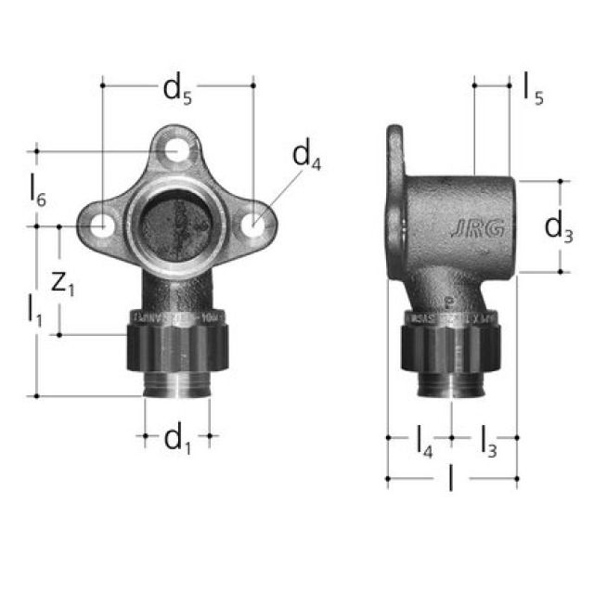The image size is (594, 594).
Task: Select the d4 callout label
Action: tap(306, 157)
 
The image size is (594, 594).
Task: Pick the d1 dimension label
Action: tap(177, 440)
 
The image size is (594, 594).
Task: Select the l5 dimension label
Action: tap(532, 89)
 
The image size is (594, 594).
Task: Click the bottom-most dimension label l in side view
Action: tap(452, 482)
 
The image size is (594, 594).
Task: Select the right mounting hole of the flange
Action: tap(252, 226)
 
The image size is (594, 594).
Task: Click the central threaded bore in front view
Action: tap(177, 226)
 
